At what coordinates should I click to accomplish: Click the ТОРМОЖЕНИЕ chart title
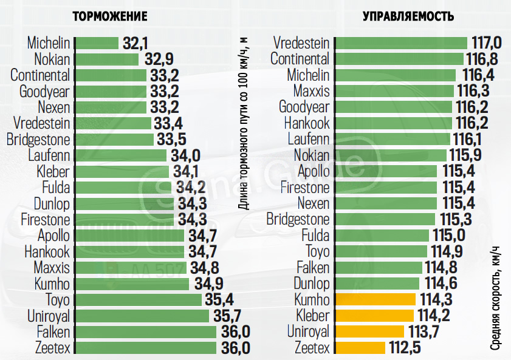(110, 16)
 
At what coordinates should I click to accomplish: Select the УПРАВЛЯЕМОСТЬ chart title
(408, 16)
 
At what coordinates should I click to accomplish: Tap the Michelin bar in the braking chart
(96, 43)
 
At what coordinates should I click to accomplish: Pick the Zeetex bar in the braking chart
(145, 348)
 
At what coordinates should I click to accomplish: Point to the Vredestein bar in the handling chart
(401, 43)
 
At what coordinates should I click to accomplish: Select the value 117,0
(487, 43)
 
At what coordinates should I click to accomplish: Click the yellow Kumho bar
(375, 300)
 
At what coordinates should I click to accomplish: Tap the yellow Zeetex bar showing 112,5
(360, 348)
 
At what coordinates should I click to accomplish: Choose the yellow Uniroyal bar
(369, 331)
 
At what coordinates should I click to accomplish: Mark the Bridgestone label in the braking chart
(38, 140)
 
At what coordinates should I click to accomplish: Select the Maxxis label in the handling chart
(311, 91)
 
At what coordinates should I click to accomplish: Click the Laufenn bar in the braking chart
(120, 155)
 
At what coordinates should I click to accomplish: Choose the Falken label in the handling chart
(313, 268)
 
